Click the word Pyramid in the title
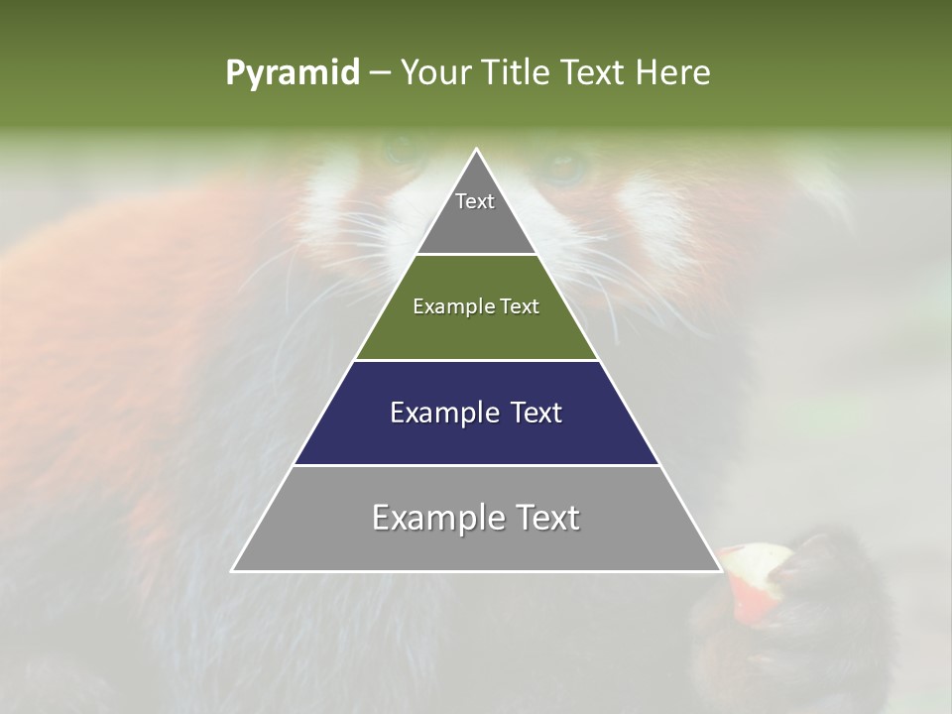292,73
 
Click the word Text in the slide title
594,73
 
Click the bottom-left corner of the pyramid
233,570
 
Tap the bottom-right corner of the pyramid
720,570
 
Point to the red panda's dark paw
813,585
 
